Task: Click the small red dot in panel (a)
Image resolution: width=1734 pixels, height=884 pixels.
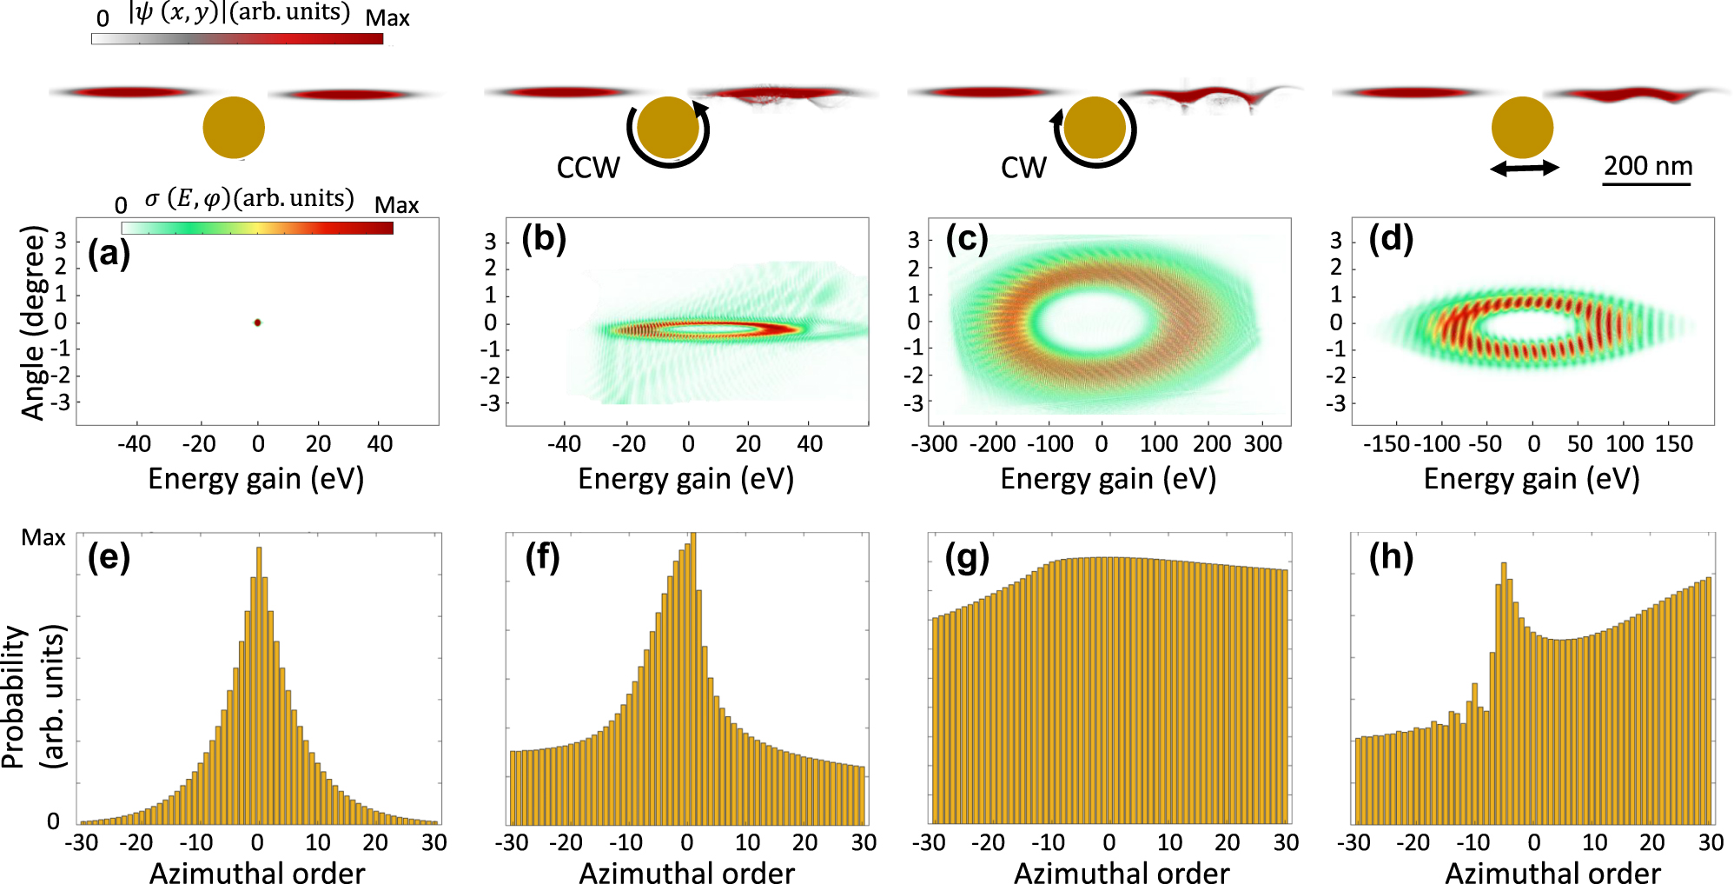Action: pos(257,322)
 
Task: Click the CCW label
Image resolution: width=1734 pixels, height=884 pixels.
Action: pos(588,167)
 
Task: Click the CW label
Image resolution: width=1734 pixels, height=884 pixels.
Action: pos(1023,167)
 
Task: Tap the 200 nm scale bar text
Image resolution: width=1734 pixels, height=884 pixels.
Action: pos(1647,165)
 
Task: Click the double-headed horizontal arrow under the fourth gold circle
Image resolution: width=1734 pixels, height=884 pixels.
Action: pos(1525,168)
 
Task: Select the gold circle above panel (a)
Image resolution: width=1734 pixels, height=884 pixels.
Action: pos(234,127)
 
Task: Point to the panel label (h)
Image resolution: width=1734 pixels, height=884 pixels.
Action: pos(1391,556)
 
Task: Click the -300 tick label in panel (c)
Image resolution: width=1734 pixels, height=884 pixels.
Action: pos(934,444)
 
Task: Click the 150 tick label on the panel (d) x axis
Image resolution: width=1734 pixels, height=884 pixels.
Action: pos(1673,444)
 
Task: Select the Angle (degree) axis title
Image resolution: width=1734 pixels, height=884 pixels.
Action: pos(33,322)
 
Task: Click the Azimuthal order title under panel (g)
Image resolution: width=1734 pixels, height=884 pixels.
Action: pos(1121,872)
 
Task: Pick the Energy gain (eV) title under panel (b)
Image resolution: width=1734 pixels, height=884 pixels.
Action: pos(685,479)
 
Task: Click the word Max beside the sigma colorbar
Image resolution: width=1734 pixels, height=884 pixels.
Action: pos(396,205)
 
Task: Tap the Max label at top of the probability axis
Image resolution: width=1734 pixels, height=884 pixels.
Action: pos(43,538)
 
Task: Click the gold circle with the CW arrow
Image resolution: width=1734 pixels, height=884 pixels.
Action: pos(1095,127)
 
